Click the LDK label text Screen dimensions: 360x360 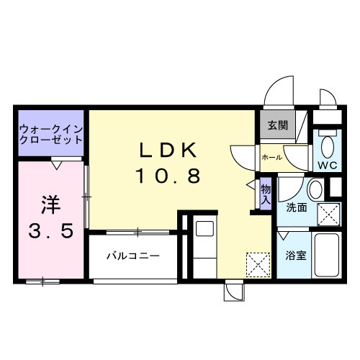tap(168, 150)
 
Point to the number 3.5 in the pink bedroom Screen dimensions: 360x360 tap(50, 233)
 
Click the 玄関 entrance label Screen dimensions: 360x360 tap(277, 125)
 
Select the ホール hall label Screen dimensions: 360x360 tap(271, 156)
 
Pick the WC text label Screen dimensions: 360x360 tap(328, 165)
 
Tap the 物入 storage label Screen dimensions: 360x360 tap(265, 192)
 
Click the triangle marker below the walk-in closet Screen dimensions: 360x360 tap(56, 165)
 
